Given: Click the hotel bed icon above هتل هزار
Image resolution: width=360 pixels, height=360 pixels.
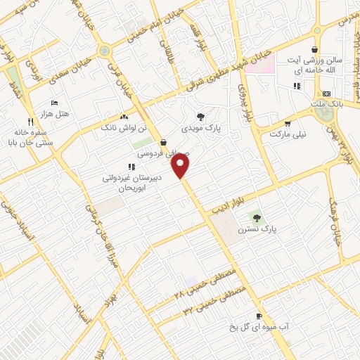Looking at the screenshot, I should [x=56, y=103].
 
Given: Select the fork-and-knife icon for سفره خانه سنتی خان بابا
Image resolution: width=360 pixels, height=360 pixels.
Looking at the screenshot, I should [x=30, y=121].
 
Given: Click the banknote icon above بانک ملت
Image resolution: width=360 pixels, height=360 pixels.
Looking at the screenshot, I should [x=326, y=94].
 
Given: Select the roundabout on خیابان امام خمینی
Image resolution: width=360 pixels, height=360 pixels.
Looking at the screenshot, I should [x=105, y=50].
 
